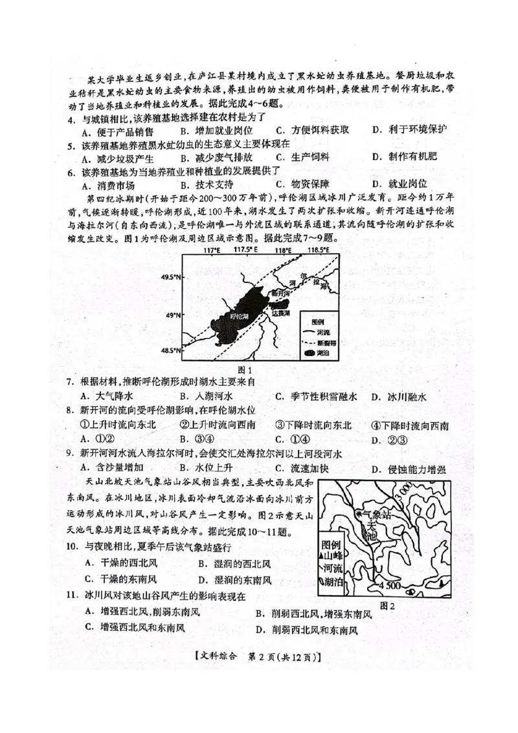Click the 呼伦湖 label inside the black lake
click(239, 315)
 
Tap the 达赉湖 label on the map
click(280, 313)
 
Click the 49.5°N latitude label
click(170, 277)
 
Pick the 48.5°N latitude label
click(170, 350)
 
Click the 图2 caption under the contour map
click(387, 605)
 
